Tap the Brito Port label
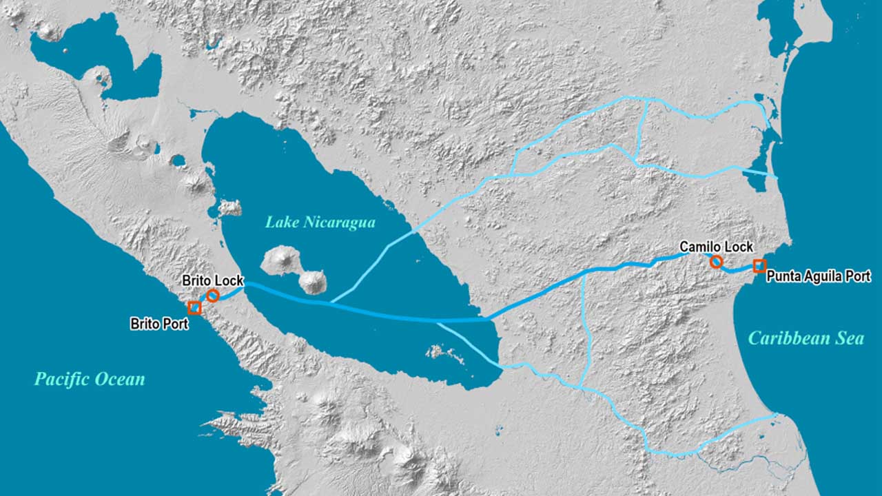[159, 323]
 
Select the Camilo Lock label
[717, 247]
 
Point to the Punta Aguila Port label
[819, 277]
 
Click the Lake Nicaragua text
[320, 223]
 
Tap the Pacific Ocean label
[90, 379]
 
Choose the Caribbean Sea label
[806, 338]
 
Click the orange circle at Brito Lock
[213, 296]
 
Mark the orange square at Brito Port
[194, 308]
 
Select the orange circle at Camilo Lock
[716, 261]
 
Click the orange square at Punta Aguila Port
[759, 266]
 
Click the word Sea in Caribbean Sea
[850, 338]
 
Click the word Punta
[782, 277]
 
